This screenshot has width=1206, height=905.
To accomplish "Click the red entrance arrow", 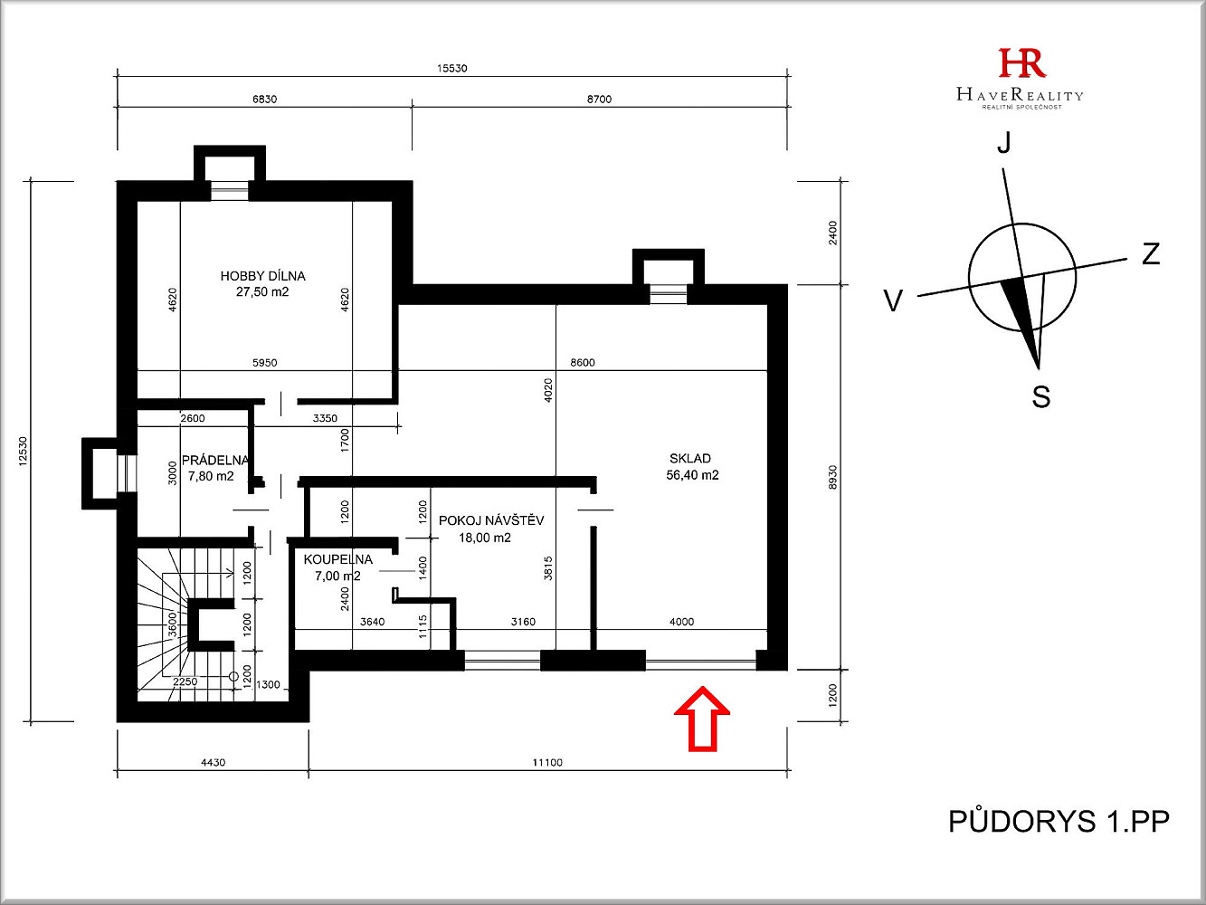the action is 702,719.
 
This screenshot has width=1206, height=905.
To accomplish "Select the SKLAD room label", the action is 690,458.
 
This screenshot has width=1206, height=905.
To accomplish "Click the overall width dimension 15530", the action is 452,68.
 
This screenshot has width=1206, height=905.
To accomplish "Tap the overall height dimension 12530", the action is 23,452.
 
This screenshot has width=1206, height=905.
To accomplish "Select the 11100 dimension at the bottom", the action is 547,762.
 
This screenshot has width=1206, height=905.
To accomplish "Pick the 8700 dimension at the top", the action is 599,99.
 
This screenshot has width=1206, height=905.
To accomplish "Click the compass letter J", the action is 1004,142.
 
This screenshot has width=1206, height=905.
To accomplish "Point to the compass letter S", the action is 1041,396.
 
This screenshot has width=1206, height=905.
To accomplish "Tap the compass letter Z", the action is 1151,254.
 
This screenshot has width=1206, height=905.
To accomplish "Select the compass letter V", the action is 893,300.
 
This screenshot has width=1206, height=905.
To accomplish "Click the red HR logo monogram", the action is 1022,62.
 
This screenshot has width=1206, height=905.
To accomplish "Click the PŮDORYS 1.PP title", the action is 1059,822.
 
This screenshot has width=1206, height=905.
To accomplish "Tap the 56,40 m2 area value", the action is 692,475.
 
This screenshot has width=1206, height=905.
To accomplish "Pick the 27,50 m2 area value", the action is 262,291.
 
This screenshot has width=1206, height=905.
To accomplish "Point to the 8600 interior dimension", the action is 583,362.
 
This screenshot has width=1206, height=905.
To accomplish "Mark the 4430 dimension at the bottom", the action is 214,762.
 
